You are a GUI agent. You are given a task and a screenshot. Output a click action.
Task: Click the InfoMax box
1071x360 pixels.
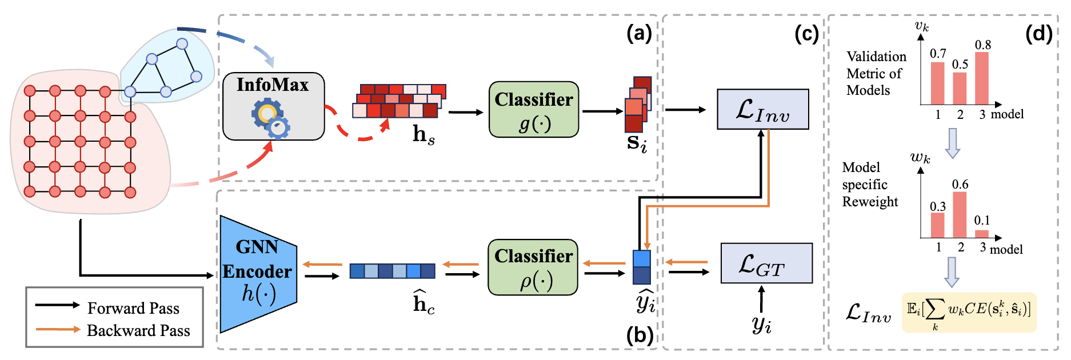(273, 106)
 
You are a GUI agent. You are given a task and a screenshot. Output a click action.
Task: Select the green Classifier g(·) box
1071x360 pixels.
(534, 109)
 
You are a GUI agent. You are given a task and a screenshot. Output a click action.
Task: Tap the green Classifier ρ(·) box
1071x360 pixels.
(533, 267)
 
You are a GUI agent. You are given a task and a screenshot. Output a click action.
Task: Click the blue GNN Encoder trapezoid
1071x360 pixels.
(258, 274)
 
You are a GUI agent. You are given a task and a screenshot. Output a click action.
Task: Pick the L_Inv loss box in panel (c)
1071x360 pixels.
(762, 109)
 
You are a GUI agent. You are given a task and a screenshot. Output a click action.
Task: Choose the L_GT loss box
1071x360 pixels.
(766, 263)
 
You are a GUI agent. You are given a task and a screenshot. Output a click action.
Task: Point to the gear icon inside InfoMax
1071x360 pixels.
(270, 118)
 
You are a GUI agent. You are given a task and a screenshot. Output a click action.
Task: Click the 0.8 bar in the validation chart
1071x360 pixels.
(982, 78)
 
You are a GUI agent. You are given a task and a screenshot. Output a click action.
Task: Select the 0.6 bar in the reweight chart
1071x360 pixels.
(960, 215)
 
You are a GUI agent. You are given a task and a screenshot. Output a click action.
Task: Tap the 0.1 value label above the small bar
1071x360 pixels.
(982, 221)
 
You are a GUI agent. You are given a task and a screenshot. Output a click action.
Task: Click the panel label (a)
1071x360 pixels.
(639, 34)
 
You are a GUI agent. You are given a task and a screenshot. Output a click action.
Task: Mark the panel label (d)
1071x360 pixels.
(1038, 34)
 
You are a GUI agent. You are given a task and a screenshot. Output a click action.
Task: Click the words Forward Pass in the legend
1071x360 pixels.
(133, 309)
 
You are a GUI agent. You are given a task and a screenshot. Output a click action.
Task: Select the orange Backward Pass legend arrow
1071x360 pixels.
(57, 330)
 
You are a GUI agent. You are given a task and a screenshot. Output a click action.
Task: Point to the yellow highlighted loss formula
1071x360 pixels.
(969, 313)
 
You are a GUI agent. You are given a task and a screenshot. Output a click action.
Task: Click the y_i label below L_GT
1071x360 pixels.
(762, 325)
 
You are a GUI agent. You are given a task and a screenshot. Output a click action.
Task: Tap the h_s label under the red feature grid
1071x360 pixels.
(423, 135)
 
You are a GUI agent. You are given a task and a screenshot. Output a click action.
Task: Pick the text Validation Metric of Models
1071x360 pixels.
(876, 73)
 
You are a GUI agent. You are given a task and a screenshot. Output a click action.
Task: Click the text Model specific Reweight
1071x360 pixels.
(869, 185)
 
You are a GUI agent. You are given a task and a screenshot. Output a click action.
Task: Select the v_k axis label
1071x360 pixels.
(921, 26)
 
